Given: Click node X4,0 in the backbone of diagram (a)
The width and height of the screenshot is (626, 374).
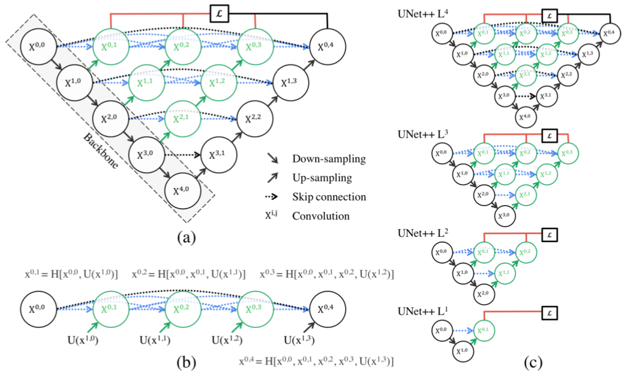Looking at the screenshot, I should (183, 191).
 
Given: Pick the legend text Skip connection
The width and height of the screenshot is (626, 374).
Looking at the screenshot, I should (329, 197).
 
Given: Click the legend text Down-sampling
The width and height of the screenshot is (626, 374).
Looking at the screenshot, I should (329, 159).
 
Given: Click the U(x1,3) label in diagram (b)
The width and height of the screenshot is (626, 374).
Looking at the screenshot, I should (299, 340).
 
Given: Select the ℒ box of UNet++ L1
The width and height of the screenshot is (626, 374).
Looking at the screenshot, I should (550, 313).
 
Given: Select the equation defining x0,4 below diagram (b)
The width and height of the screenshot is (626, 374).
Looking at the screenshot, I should (316, 360).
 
